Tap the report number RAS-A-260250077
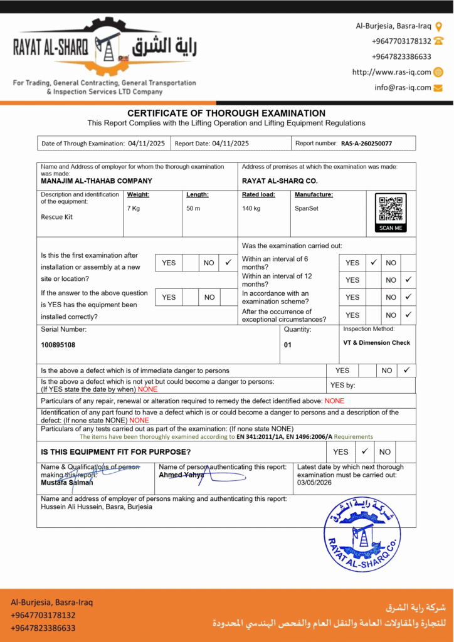366,144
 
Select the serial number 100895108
59,345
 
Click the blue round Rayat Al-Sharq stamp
362,534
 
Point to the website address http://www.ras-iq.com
391,72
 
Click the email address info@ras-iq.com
403,88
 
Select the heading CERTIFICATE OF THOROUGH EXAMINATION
226,113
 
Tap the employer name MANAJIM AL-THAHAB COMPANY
96,181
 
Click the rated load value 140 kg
251,208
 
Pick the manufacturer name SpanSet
307,208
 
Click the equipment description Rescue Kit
56,217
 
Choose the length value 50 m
193,208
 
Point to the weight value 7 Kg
134,208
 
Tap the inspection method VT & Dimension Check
376,343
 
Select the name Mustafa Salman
66,482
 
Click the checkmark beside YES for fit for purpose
364,451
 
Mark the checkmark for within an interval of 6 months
372,262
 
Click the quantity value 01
288,345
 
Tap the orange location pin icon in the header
438,26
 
